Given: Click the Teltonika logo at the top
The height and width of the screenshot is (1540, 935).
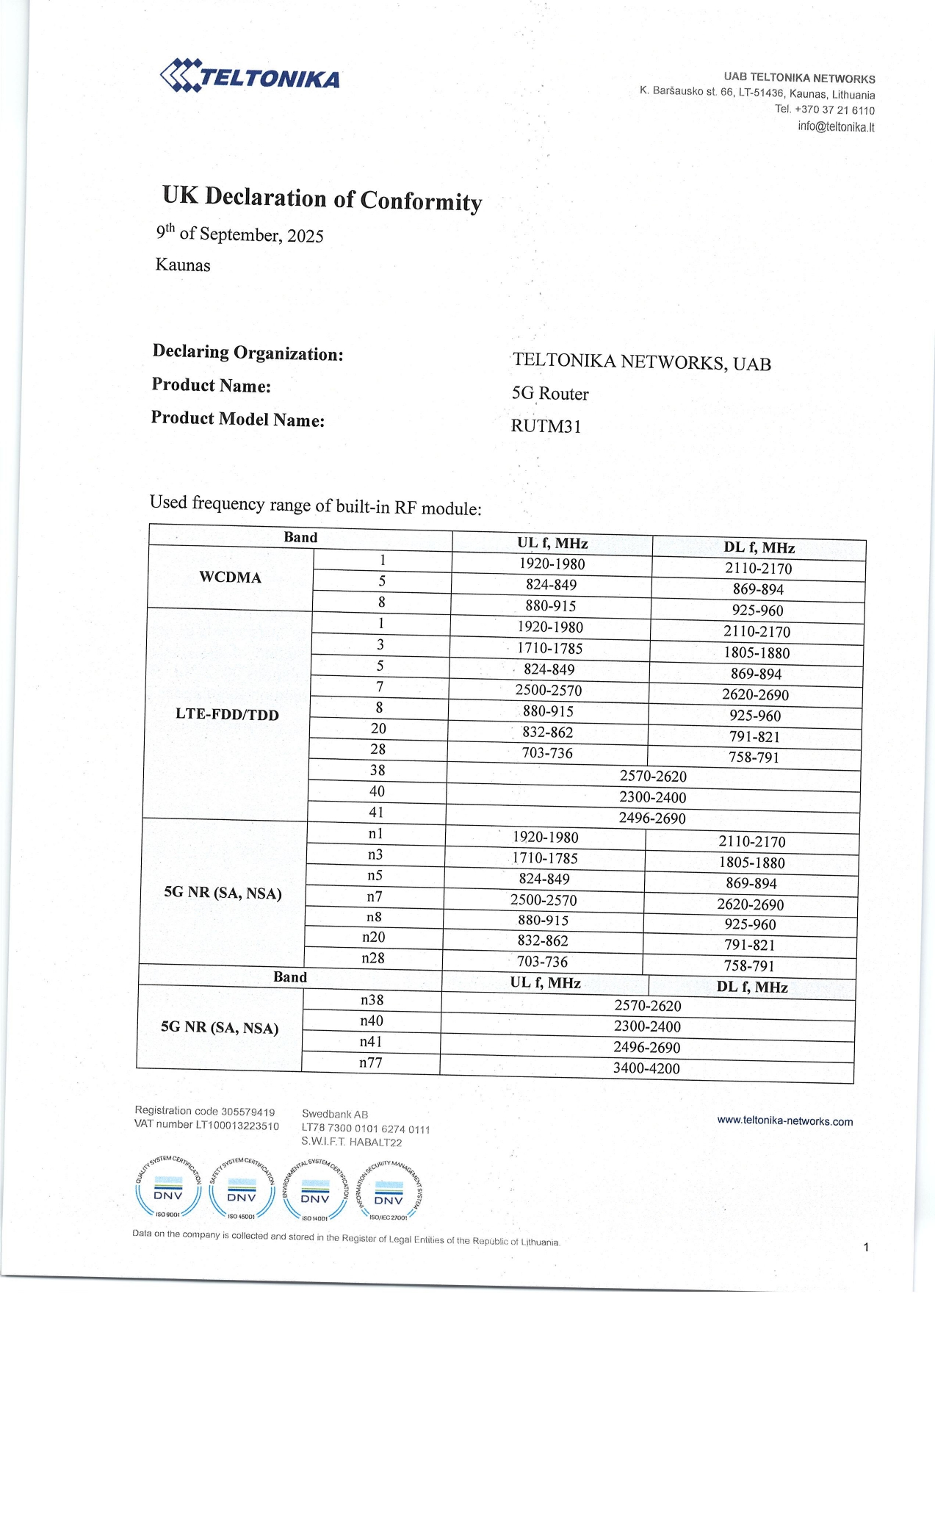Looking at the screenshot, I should click(x=250, y=76).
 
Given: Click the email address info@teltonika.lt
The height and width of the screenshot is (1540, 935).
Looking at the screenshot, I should click(x=836, y=126).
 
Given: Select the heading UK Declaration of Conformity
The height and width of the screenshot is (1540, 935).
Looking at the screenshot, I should click(x=322, y=198).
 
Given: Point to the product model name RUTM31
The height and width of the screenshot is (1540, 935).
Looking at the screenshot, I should click(x=546, y=426).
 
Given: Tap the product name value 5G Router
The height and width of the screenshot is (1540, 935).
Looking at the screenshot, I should click(x=550, y=394).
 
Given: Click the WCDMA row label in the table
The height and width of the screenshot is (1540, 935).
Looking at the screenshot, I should click(x=230, y=577).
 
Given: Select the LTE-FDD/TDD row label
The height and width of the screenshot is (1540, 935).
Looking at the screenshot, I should click(x=227, y=714).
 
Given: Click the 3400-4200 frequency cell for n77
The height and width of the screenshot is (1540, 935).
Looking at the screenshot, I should click(x=646, y=1068).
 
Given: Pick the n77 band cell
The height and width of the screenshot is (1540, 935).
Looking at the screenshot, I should click(x=370, y=1062).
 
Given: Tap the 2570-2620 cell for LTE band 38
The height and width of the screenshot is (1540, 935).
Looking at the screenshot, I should click(x=653, y=777).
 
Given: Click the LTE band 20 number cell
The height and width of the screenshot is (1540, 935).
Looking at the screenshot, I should click(x=378, y=728).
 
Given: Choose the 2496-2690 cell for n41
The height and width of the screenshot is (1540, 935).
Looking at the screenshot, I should click(x=647, y=1047).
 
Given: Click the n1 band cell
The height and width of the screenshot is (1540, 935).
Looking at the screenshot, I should click(x=375, y=834).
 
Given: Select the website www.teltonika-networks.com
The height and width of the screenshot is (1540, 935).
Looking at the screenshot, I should click(x=784, y=1121).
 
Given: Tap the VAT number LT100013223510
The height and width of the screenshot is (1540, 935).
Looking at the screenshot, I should click(x=237, y=1126).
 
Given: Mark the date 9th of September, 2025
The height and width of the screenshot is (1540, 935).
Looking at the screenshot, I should click(x=239, y=234).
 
